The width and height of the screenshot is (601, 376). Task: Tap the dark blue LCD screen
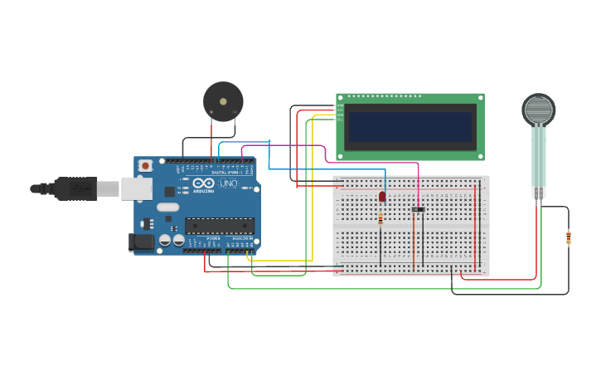[411, 127]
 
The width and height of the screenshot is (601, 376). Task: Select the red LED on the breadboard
[382, 197]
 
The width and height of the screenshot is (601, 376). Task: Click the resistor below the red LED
[380, 218]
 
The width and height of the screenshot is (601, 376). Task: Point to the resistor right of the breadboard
[569, 238]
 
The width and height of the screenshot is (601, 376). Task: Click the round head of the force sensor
[538, 110]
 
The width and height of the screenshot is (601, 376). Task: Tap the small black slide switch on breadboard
[418, 209]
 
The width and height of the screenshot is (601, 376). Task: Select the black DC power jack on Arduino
[141, 242]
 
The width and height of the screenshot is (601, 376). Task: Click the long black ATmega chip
[220, 225]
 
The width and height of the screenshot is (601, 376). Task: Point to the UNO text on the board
[229, 183]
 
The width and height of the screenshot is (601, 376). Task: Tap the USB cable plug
[75, 188]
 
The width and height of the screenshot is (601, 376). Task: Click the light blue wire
[327, 169]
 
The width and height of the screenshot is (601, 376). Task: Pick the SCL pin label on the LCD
[340, 120]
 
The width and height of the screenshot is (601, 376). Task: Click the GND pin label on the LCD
[340, 105]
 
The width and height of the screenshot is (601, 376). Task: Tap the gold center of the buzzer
[223, 101]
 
